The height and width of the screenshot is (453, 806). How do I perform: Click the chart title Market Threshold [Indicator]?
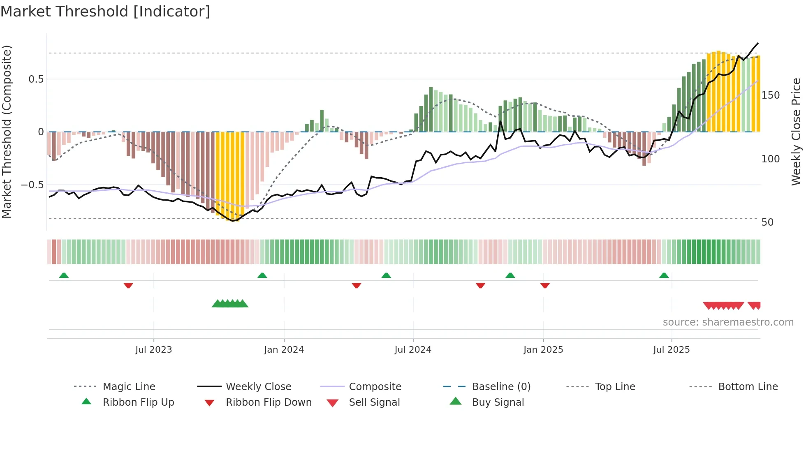click(x=105, y=12)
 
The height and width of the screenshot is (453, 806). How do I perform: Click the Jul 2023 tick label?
click(x=153, y=350)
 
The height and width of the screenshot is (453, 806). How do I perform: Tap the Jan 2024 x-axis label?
click(x=284, y=350)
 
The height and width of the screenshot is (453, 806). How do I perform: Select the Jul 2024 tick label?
click(x=413, y=350)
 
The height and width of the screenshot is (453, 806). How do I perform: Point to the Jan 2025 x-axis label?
click(x=543, y=350)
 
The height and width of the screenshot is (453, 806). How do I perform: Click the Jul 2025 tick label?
click(x=672, y=350)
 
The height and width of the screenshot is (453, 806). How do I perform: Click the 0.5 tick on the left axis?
click(x=36, y=79)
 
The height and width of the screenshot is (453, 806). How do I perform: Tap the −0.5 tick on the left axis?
click(x=32, y=185)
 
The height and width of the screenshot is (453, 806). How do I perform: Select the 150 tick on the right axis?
click(x=771, y=95)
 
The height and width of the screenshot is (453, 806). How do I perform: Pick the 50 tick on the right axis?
click(x=767, y=222)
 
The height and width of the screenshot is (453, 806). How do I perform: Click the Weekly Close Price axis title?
click(x=796, y=132)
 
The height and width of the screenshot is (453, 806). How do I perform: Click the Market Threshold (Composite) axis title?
click(x=7, y=132)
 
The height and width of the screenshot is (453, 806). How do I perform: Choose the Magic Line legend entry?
click(x=129, y=387)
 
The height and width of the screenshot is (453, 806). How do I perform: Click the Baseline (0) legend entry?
click(x=501, y=387)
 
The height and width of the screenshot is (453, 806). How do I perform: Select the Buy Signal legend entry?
click(x=498, y=402)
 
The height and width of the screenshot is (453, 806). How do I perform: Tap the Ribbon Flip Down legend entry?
click(x=269, y=402)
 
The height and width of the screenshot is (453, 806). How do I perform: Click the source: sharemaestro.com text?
click(x=728, y=322)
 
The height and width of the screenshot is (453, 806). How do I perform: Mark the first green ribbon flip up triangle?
click(x=64, y=275)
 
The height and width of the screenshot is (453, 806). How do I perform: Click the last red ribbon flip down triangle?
click(x=545, y=285)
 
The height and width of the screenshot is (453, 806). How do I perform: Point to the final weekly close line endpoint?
click(x=758, y=43)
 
